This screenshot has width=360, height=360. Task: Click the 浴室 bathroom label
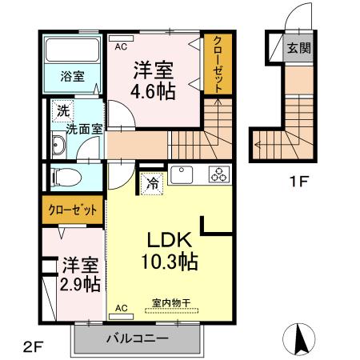coord(74,77)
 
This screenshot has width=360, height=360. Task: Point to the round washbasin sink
coord(58,146)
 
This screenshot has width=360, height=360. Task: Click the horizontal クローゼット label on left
coord(73,211)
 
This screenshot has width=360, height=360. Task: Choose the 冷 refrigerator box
coord(152,183)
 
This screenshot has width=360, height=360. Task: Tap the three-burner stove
coord(218,174)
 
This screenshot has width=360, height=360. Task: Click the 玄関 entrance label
coord(299,48)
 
